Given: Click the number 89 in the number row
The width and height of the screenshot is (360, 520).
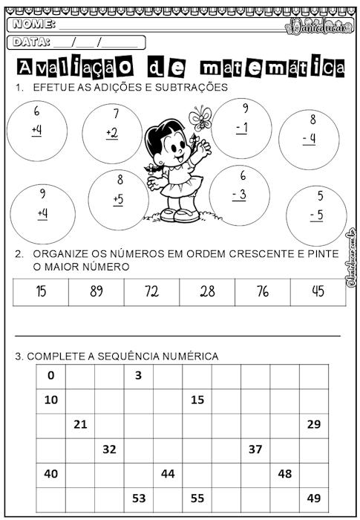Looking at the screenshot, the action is pyautogui.click(x=96, y=291).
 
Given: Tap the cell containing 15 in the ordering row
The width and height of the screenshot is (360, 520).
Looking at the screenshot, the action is pyautogui.click(x=41, y=291).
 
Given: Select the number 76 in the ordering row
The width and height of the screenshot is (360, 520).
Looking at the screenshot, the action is pyautogui.click(x=262, y=291).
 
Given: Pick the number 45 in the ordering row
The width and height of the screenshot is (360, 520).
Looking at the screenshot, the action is pyautogui.click(x=318, y=291).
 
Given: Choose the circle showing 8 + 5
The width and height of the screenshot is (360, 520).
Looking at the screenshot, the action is pyautogui.click(x=119, y=198).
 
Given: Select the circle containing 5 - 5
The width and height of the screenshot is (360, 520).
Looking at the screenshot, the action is pyautogui.click(x=316, y=215).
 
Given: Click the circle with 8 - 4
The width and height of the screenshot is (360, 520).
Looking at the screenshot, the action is pyautogui.click(x=309, y=134).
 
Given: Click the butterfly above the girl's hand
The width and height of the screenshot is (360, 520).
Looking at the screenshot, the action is pyautogui.click(x=200, y=117).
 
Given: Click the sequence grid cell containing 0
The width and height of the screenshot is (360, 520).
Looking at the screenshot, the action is pyautogui.click(x=50, y=376).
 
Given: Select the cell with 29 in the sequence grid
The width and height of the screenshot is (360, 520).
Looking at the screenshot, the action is pyautogui.click(x=313, y=424).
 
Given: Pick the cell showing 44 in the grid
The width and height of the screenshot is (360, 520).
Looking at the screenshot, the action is pyautogui.click(x=168, y=473).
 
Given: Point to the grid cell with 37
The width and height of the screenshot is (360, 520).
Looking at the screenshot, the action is pyautogui.click(x=255, y=449).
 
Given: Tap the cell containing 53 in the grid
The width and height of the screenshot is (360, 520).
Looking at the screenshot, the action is pyautogui.click(x=138, y=498).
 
